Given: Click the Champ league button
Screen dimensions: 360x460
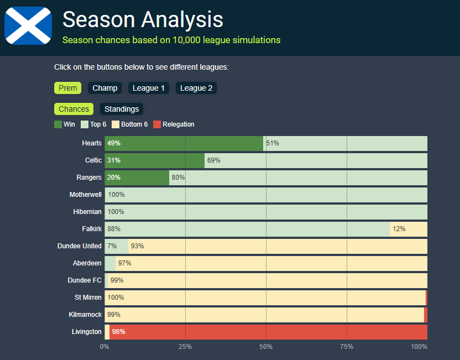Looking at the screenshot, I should tap(104, 88).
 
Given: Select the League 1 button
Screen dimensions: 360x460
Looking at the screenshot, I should tap(149, 88).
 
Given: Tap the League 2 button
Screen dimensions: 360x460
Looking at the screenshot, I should tap(196, 88).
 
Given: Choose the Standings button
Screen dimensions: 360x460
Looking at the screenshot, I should tap(122, 109).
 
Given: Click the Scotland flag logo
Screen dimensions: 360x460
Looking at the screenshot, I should tap(28, 25).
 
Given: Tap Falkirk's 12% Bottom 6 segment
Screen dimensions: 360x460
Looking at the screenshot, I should tap(409, 229).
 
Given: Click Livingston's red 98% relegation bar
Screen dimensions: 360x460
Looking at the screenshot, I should tap(268, 332).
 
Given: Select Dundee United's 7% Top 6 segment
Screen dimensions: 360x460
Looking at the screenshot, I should tap(116, 246).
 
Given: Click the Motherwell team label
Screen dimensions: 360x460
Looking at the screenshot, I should tap(86, 195).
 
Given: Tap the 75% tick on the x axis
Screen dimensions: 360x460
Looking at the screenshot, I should tap(347, 347).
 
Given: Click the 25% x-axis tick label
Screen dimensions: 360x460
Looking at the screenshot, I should tap(185, 347).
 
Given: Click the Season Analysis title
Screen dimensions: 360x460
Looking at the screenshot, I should tap(143, 19).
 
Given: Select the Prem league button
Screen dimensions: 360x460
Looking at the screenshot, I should tap(68, 88).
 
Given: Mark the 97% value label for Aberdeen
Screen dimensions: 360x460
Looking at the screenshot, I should tap(125, 263).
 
